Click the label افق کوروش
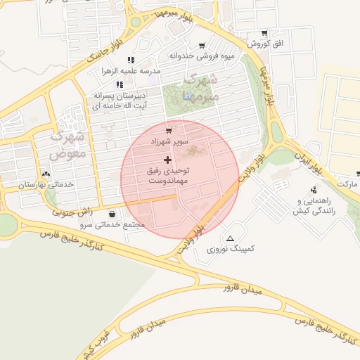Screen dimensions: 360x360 tap(267, 44)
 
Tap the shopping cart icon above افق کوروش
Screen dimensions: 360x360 tap(264, 33)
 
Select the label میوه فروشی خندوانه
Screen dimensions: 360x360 tap(191, 55)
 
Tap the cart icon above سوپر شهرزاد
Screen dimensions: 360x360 tap(169, 131)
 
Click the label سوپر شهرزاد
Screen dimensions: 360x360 tap(169, 141)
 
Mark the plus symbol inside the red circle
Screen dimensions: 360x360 tap(167, 160)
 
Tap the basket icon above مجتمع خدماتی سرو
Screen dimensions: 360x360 tap(112, 214)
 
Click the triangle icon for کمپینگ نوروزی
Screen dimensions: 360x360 tap(231, 238)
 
